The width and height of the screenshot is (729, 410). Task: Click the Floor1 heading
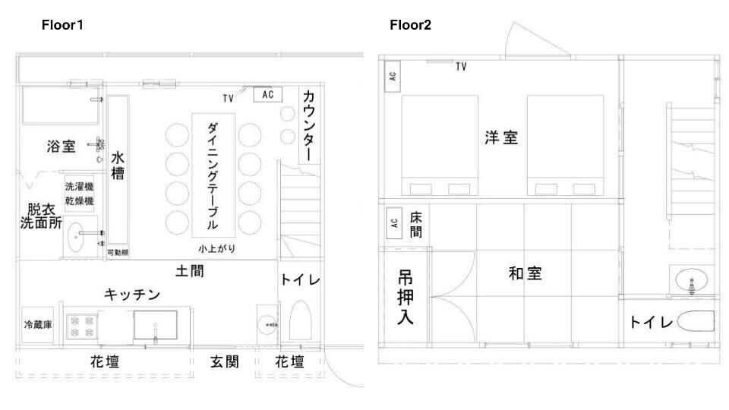point(62,24)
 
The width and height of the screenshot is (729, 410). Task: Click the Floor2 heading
point(410,24)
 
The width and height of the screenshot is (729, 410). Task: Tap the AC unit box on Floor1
point(268,94)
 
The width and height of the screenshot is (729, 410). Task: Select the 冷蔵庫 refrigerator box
point(38,325)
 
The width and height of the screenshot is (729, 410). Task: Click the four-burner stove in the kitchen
point(82,326)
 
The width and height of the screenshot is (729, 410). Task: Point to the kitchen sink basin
point(155,325)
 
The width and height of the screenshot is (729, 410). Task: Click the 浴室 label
point(61,147)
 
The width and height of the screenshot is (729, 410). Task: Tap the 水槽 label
point(118,166)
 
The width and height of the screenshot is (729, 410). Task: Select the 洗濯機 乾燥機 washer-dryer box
point(80,194)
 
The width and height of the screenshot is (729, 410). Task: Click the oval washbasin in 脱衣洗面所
point(76,238)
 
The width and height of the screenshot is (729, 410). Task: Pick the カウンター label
point(309,125)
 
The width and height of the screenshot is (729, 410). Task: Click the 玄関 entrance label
point(225,361)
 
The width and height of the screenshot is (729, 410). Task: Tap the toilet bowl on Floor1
point(301,320)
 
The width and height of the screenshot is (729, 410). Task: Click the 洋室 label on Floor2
point(501,137)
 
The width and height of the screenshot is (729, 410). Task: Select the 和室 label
point(525,273)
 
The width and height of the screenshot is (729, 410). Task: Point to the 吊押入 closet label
point(406,298)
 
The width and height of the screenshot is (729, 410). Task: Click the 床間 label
point(416,225)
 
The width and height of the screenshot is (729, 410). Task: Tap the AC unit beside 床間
point(394,223)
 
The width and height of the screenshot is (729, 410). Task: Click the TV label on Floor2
point(461,67)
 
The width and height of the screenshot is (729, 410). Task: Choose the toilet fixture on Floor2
point(696,320)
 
